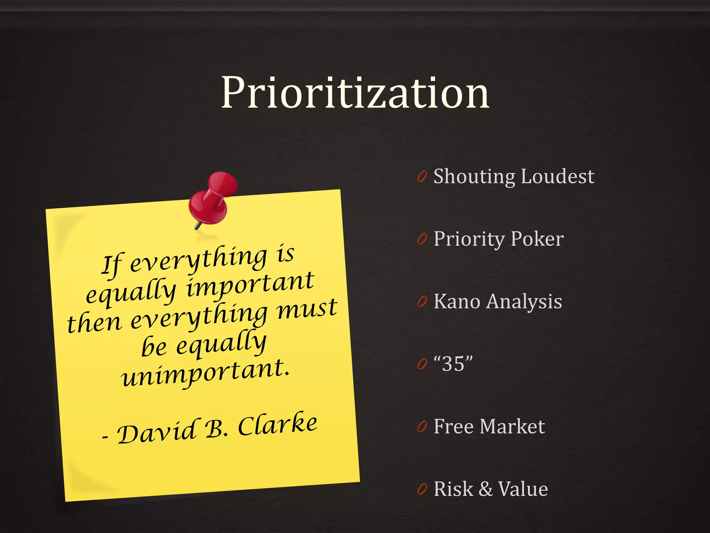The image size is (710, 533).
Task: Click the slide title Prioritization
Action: [x=355, y=93]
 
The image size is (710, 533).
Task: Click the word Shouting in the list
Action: [x=475, y=176]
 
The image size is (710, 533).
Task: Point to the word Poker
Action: [x=537, y=239]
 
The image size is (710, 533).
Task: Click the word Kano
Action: [x=457, y=301]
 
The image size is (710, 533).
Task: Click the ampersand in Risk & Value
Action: [x=486, y=489]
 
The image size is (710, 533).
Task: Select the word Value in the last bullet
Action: [x=523, y=489]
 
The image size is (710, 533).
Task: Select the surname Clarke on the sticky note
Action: [x=277, y=424]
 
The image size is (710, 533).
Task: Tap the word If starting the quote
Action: [x=112, y=264]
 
